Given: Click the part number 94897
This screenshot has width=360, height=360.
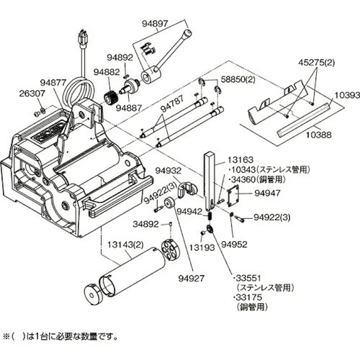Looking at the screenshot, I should point(155,24).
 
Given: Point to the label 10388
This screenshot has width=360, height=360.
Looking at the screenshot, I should point(319,135).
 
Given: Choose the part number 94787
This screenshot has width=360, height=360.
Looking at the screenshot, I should point(174,108).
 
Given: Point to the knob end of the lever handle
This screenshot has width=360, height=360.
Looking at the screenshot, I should point(187,34).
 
